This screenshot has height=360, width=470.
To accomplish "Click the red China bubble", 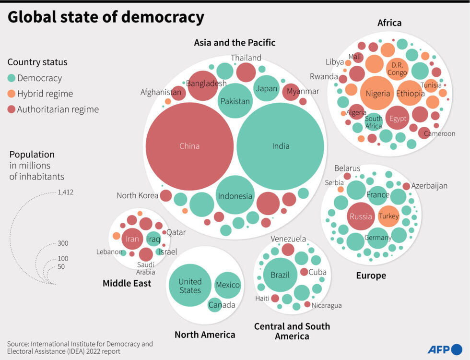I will point(189,146).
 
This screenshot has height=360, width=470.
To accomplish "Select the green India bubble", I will point(281,146).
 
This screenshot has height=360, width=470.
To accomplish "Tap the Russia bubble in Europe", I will point(361,216).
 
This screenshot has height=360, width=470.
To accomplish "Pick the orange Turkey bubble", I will point(388,216).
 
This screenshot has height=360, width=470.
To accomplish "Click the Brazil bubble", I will point(280,275).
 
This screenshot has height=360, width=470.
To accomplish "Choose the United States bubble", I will point(190,286).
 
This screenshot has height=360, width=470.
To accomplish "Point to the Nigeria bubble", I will point(378,93).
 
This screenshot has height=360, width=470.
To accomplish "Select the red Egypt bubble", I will point(398,119).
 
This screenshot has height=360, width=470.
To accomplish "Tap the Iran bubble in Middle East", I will point(132,239).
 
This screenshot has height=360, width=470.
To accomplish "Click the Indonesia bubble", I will point(235,196).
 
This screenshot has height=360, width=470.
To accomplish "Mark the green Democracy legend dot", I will point(12,78).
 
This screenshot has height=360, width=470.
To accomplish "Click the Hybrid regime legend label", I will point(45,94).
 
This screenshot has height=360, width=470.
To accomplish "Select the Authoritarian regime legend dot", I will point(12,109).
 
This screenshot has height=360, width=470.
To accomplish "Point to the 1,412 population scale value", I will point(65,192).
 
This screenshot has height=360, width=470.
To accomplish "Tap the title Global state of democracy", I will point(106,17).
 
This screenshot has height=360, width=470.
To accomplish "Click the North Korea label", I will point(137,195).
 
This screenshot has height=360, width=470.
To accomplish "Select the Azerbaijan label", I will point(429,186).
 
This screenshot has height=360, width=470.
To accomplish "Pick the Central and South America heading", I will point(292,331).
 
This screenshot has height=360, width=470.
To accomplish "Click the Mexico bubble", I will point(227,285).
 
